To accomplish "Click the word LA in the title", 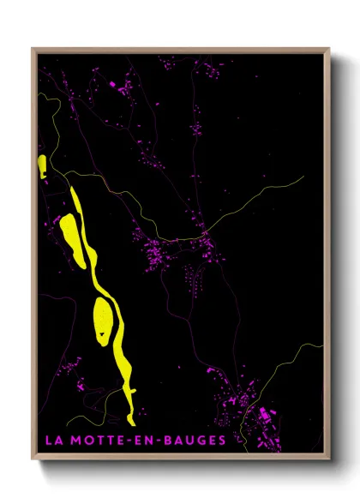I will coord(53,441).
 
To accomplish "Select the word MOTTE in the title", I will coord(94,441).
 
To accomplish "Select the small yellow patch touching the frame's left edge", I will coord(42,165).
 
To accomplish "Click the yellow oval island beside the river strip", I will coord(103,321).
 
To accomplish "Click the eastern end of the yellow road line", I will coord(303,177).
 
